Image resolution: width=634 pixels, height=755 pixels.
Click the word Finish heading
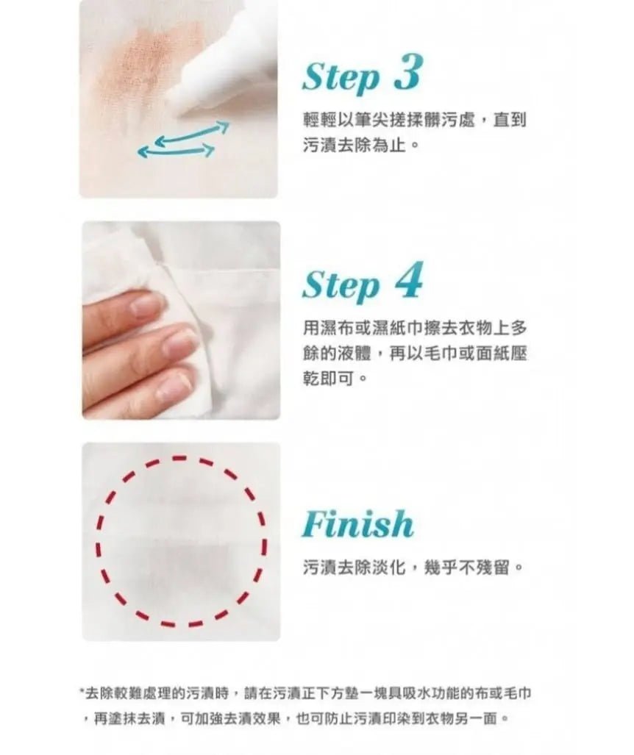click(358, 524)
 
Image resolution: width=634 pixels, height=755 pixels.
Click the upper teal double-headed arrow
click(192, 132)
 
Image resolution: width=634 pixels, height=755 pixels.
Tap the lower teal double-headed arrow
click(176, 151)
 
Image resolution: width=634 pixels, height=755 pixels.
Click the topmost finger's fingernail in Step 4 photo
click(146, 304)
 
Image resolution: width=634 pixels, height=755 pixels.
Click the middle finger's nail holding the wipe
click(179, 340)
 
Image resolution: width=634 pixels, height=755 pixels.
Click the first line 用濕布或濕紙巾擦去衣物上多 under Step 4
click(415, 328)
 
